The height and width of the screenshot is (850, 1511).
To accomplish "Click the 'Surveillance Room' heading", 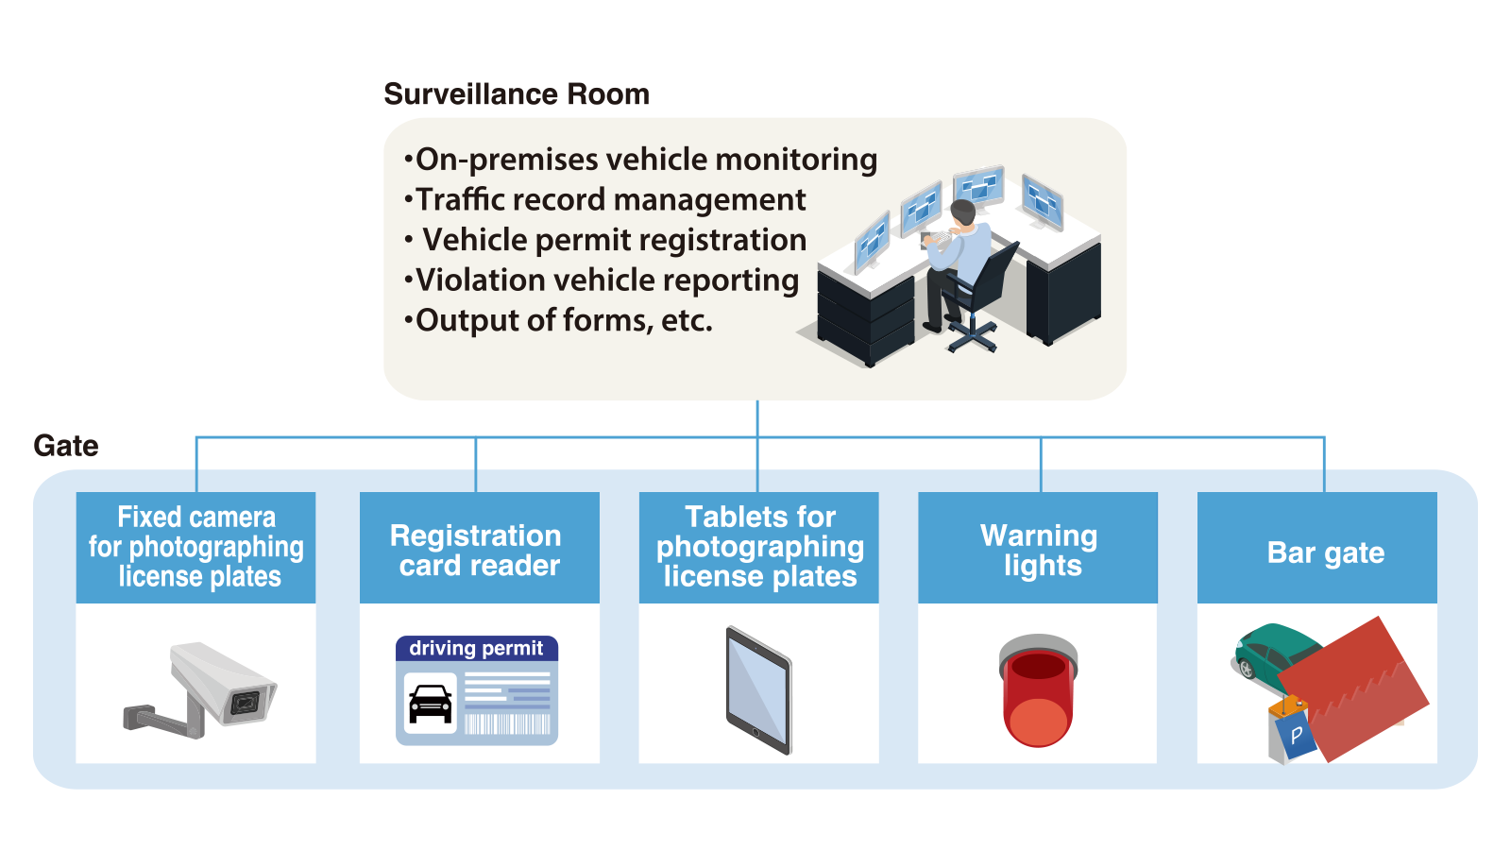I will coord(517,94).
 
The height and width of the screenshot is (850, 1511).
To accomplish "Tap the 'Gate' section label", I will coord(66,446).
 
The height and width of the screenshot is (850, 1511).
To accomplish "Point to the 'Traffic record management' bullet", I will coord(610,200).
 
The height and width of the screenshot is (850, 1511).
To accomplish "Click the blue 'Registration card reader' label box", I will coord(480,549).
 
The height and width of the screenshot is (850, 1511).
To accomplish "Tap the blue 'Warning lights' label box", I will coord(1038,549).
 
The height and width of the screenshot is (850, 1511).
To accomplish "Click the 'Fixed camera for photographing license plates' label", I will coord(196,548).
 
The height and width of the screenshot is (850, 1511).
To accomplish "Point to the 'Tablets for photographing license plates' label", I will coord(759,548).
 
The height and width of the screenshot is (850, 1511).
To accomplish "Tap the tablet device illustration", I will coord(758,689).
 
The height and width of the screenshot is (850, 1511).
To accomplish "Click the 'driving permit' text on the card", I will coord(476,648).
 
